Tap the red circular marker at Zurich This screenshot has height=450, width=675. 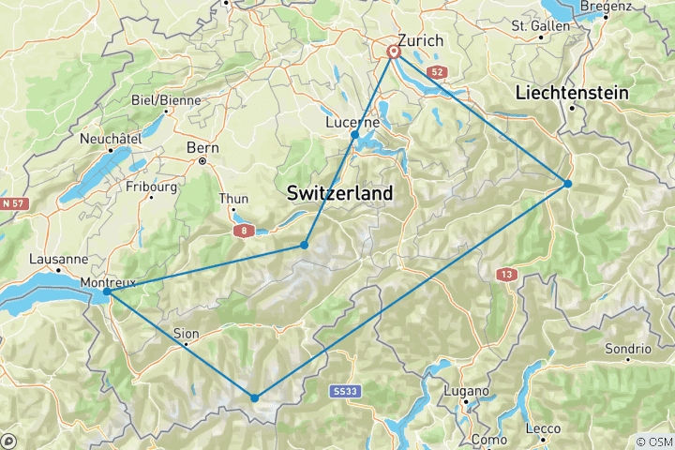pos(395,53)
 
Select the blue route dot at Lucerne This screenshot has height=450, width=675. pos(354,135)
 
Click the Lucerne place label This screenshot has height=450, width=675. pos(352,122)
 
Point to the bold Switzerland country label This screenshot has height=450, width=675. pos(339,192)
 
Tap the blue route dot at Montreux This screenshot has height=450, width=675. pos(107,292)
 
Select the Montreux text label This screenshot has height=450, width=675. pos(108,282)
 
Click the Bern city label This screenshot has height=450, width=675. pos(202,148)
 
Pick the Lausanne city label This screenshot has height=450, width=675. pos(59,259)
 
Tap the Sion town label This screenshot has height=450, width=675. pos(186,333)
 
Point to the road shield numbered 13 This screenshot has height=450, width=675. pos(506,274)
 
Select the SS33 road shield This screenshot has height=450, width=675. pos(345,390)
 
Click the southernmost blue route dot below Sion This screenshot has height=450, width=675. pos(254,397)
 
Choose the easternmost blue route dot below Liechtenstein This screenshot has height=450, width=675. pos(568,183)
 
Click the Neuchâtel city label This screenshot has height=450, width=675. pos(111,138)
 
